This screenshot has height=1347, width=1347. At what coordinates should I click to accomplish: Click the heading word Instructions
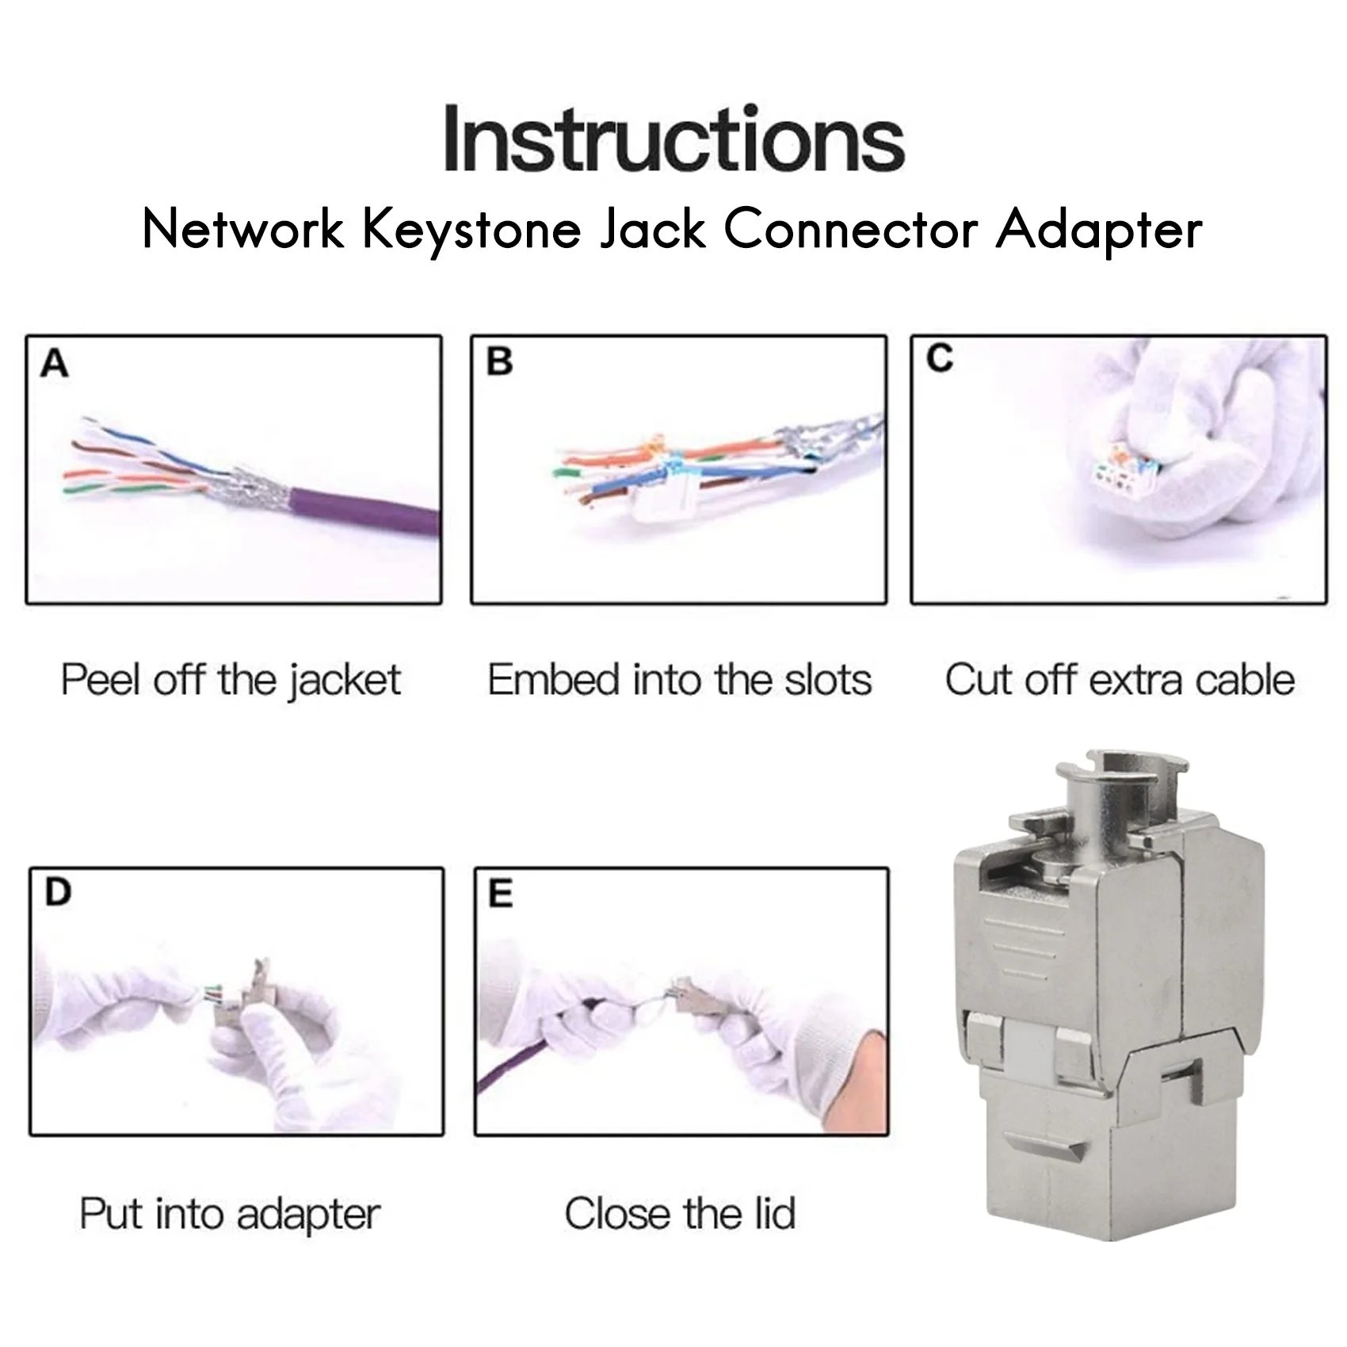click(673, 141)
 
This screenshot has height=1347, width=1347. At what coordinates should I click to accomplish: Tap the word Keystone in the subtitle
click(471, 230)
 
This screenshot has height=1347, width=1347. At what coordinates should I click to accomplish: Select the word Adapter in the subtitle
click(1099, 230)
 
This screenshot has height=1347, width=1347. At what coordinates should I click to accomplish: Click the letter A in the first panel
click(55, 364)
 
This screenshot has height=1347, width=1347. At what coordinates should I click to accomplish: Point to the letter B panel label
click(499, 361)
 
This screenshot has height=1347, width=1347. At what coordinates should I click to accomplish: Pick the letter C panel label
click(940, 359)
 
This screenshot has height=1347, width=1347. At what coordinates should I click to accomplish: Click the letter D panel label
click(58, 892)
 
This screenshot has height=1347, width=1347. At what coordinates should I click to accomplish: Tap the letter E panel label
click(500, 894)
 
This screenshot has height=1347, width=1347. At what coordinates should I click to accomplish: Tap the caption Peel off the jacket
click(231, 680)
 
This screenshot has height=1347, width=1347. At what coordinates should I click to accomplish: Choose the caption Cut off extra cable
click(1119, 680)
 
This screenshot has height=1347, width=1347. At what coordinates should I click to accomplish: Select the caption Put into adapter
click(230, 1214)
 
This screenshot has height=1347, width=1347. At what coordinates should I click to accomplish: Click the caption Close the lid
click(680, 1214)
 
